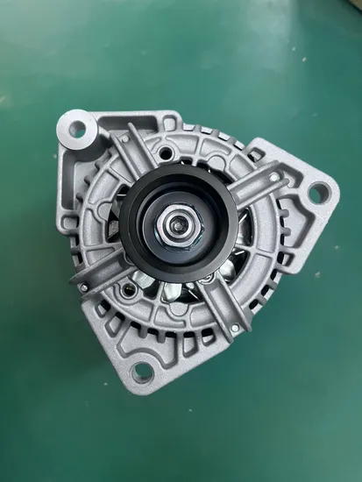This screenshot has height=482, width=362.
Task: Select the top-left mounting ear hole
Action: pyautogui.click(x=77, y=130)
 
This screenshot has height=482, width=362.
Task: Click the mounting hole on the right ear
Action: pyautogui.click(x=319, y=192)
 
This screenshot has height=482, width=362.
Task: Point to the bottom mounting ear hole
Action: pyautogui.click(x=141, y=372)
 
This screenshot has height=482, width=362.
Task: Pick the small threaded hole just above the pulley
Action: pyautogui.click(x=164, y=154)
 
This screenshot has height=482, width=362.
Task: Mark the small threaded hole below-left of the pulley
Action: pyautogui.click(x=131, y=285)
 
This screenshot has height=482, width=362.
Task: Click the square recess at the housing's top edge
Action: pyautogui.click(x=167, y=121)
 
